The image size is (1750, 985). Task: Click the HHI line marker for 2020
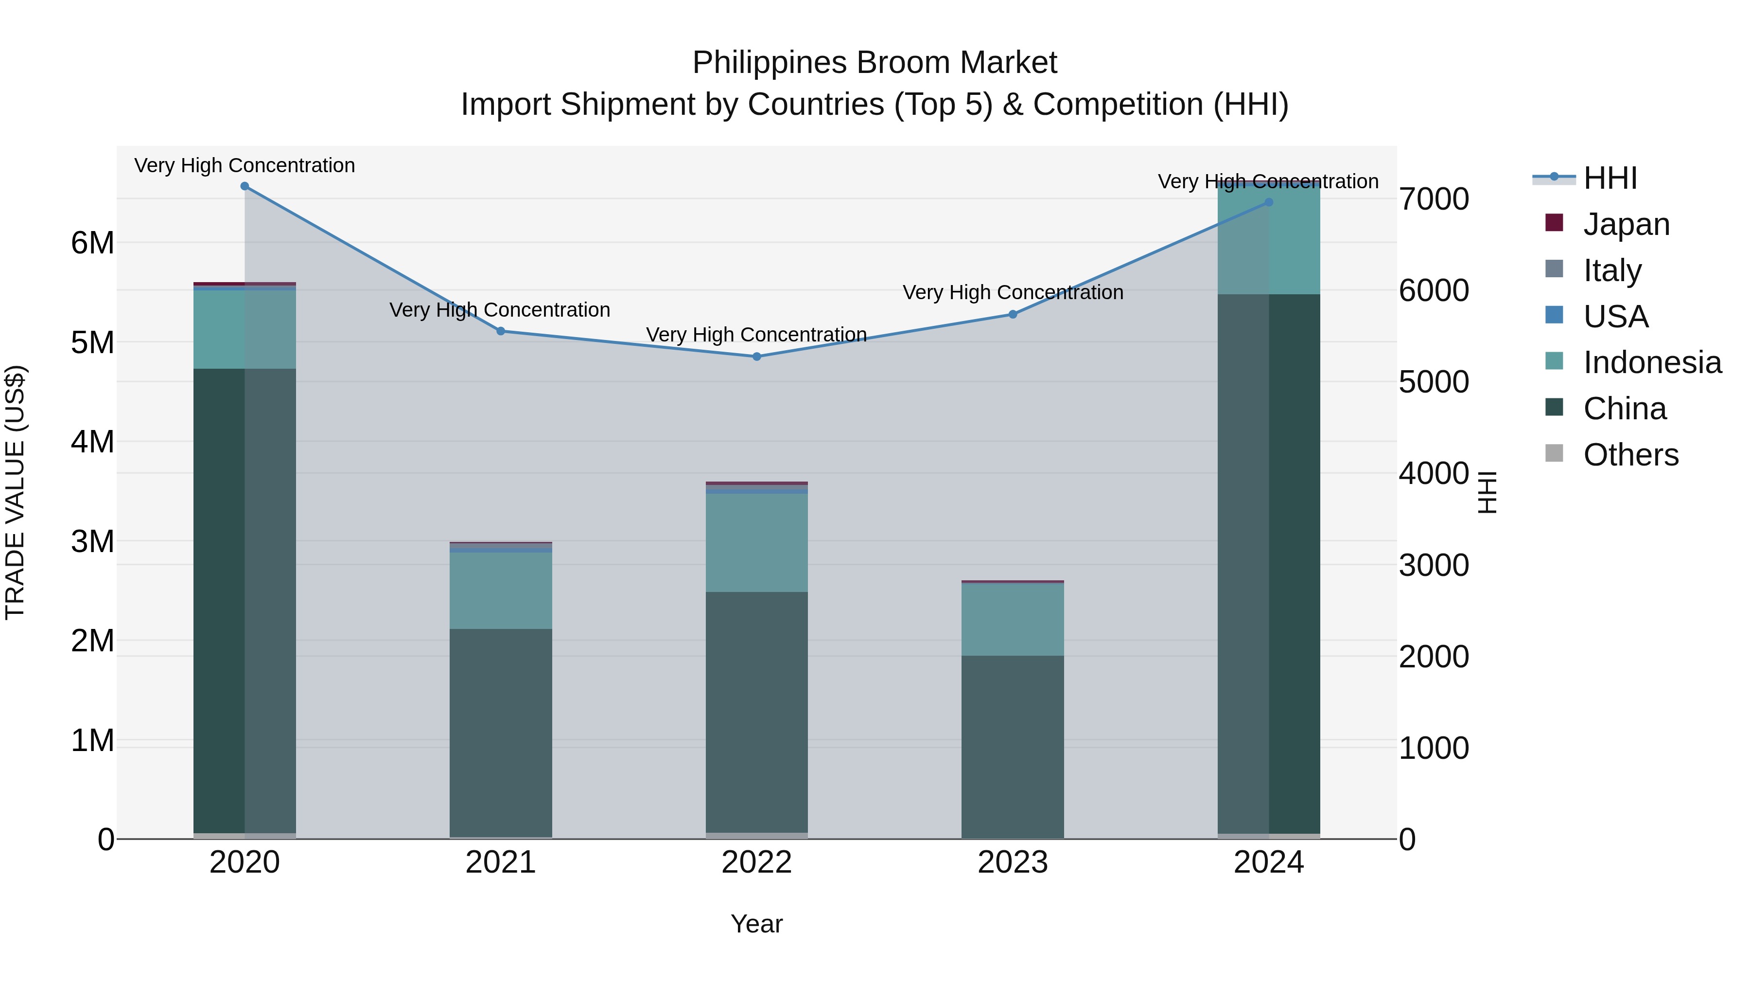[245, 186]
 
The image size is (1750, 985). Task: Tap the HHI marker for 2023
[1012, 314]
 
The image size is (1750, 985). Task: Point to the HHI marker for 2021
[501, 331]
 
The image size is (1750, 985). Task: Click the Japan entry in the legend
[1626, 224]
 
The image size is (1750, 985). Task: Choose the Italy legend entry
[1611, 270]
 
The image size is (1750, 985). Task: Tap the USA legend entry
[1615, 317]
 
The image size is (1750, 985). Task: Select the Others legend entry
[1630, 455]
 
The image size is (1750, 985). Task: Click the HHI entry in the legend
[1610, 178]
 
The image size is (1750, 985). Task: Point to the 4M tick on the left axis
[92, 442]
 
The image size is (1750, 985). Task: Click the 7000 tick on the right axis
[1434, 200]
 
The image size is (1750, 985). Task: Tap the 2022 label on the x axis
[757, 862]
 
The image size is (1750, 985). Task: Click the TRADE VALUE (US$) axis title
[15, 492]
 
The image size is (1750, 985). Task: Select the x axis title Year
[757, 924]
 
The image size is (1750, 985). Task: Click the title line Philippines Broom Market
[875, 63]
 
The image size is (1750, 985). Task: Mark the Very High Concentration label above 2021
[500, 310]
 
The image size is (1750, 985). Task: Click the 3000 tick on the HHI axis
[1434, 566]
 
